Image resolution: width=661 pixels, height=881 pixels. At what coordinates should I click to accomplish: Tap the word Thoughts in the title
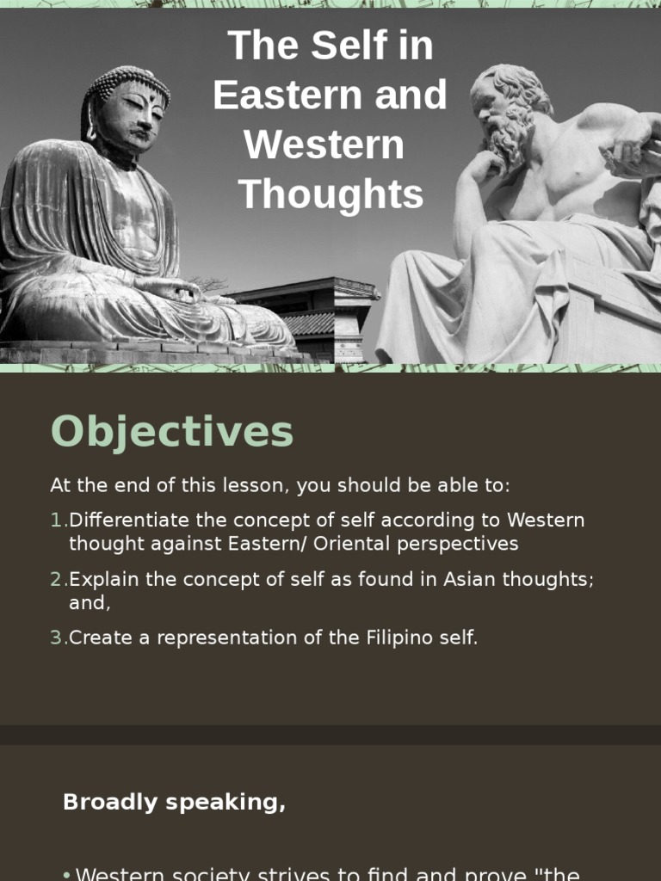(330, 194)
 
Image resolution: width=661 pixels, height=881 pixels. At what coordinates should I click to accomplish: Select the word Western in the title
(324, 145)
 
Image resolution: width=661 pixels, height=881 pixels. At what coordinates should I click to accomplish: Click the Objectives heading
(172, 432)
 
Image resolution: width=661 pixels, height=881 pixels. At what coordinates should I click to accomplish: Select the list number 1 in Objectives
(57, 521)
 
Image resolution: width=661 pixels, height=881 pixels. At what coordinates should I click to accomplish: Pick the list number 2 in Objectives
(57, 580)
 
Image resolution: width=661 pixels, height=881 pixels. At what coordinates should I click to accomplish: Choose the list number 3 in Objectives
(57, 638)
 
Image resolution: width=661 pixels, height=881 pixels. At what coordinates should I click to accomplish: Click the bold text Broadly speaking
(174, 803)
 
